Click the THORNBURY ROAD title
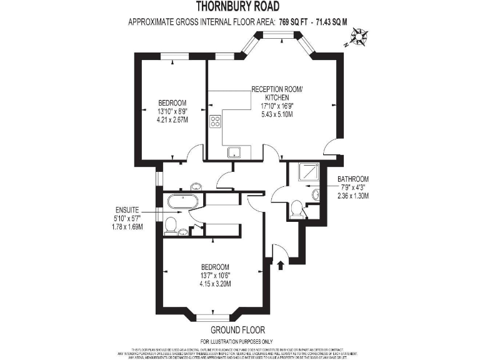coord(239,7)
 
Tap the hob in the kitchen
coord(216,121)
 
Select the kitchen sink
coord(235,151)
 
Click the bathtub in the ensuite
coord(182,201)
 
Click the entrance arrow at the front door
coord(279,265)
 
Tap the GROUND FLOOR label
coord(237,329)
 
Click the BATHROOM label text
coord(351,178)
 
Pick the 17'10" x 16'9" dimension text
coord(277,106)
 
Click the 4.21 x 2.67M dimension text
coord(172,119)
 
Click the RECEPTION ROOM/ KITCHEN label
coord(277,94)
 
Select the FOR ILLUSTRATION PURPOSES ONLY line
coord(237,341)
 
